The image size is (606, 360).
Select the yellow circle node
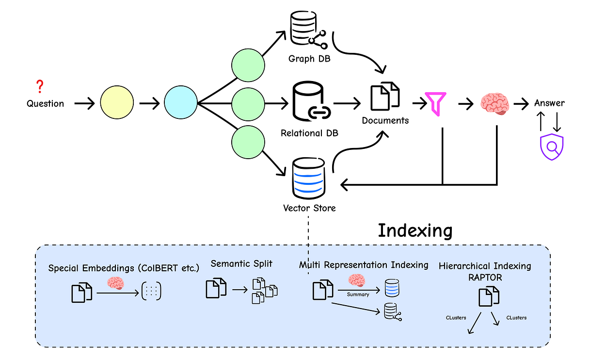point(116,103)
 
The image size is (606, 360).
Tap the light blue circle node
point(180,103)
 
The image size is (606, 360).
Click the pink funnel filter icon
point(435,103)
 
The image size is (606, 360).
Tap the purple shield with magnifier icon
point(552,147)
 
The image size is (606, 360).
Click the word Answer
point(549,103)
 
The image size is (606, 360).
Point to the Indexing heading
point(415,230)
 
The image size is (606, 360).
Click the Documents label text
point(385,120)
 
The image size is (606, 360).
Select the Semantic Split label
point(241,264)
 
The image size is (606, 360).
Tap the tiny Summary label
point(358,295)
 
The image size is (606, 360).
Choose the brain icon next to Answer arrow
point(494,104)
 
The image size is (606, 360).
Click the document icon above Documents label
point(385,95)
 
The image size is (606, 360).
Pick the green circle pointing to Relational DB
point(248,103)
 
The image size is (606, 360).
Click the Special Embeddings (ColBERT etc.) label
point(116,268)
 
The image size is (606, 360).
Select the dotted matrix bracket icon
point(151,291)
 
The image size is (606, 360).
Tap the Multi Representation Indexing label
point(363,265)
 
